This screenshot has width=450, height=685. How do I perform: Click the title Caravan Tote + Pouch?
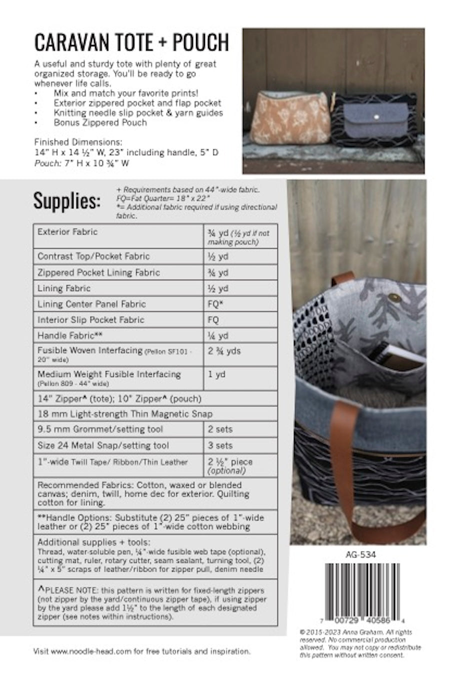point(131,43)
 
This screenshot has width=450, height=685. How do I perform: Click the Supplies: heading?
point(66,200)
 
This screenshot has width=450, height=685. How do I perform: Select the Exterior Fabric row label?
point(67,232)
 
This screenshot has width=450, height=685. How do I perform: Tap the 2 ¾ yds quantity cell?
point(224,351)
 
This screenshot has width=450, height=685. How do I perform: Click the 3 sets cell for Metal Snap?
point(220,445)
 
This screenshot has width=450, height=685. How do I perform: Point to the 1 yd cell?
point(216,374)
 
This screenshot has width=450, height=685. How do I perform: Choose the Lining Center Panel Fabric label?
point(91,304)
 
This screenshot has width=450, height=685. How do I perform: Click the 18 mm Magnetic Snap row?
point(125,414)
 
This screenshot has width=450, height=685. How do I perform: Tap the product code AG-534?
point(360,554)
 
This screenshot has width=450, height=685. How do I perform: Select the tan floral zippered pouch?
point(288,118)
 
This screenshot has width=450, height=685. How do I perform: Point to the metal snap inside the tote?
point(395,298)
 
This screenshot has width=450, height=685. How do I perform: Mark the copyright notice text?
point(360,643)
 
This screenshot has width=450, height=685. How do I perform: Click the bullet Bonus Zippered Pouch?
point(100,122)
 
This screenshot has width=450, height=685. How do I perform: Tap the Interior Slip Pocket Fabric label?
point(90,320)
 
